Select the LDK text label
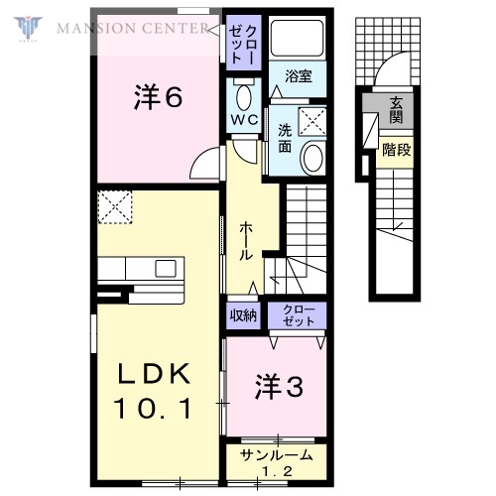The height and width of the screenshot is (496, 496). (x=155, y=374)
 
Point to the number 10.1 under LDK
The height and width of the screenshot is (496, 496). (x=155, y=407)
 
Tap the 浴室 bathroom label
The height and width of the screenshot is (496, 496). (x=298, y=75)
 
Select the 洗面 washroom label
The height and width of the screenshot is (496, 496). (x=285, y=138)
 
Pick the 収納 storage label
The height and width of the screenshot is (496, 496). (x=243, y=315)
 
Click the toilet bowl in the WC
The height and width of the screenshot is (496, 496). (x=244, y=95)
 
